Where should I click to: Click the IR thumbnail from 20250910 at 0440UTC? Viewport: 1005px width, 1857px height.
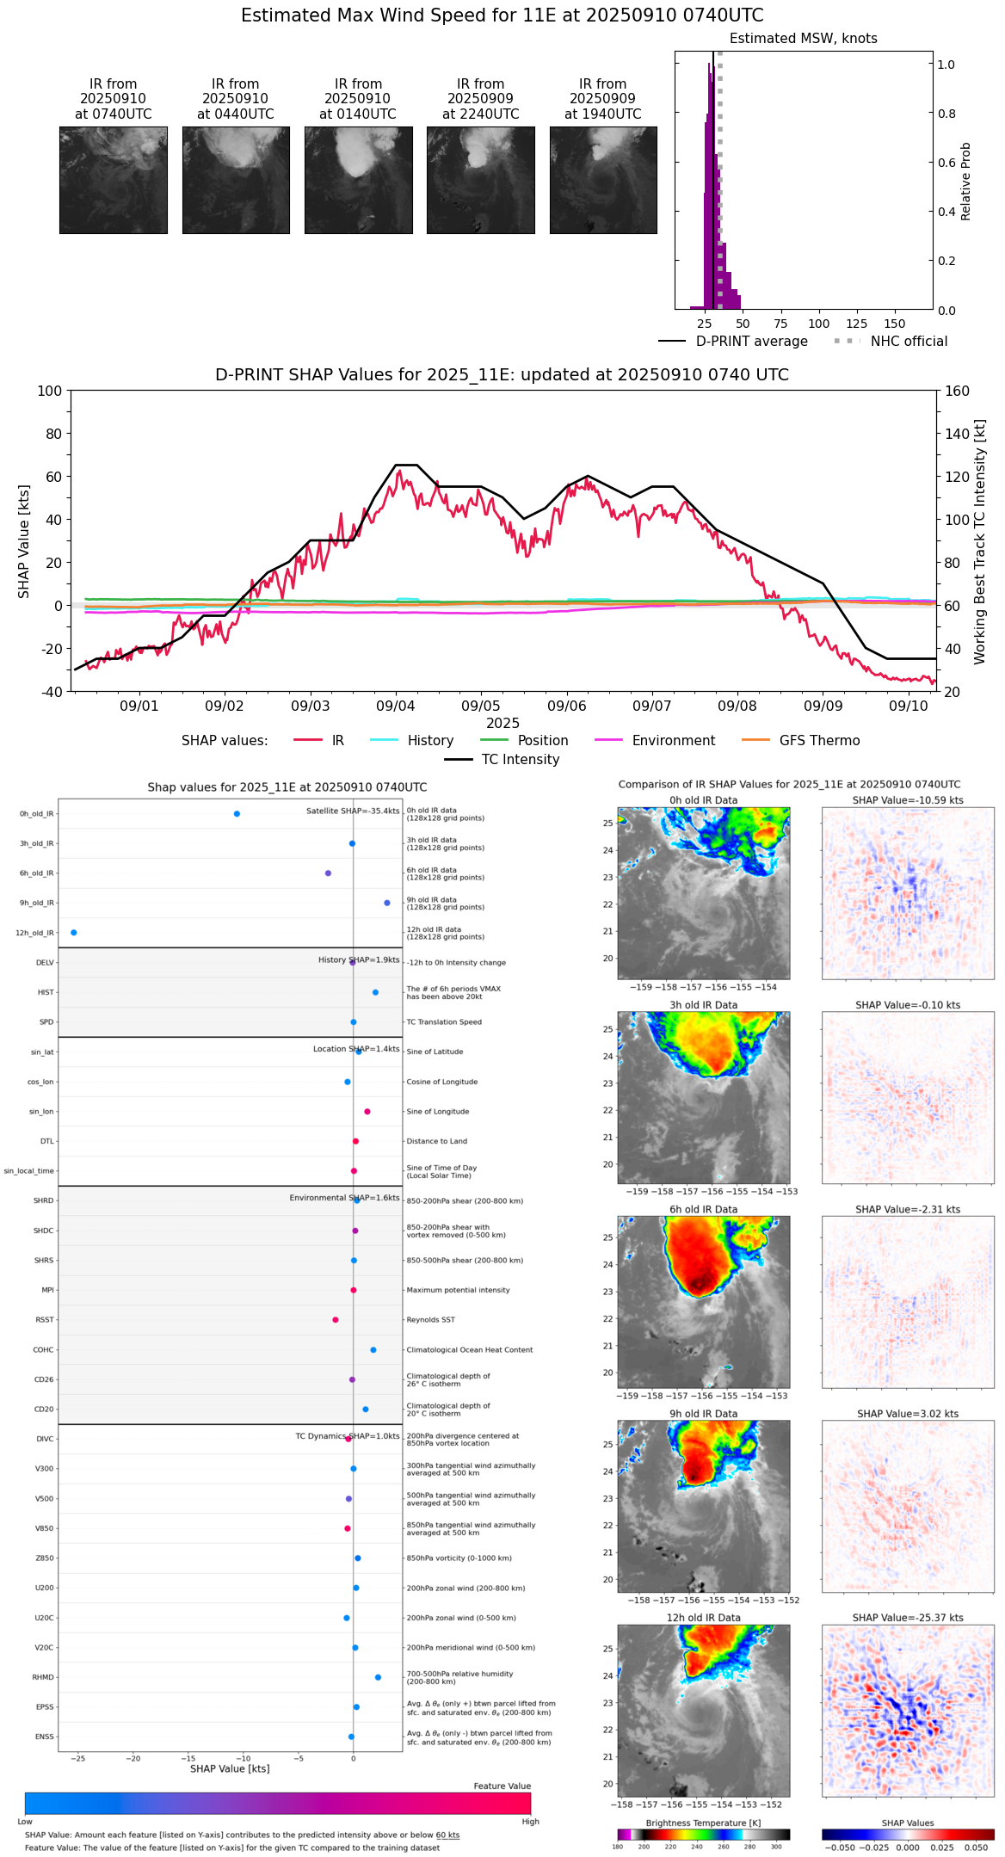[x=235, y=180]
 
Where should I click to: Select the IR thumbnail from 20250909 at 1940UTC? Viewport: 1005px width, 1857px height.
[x=602, y=180]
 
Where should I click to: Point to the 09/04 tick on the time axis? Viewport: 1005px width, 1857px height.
[x=395, y=706]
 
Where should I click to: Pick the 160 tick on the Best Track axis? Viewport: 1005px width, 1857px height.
[x=958, y=391]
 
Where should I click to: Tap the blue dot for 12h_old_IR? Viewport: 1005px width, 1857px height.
[x=73, y=933]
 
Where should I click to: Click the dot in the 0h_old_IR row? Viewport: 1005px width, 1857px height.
[x=237, y=814]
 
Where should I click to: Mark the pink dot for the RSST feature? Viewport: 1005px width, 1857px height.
[x=336, y=1320]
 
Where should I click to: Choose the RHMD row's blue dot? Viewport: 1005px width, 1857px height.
[x=378, y=1677]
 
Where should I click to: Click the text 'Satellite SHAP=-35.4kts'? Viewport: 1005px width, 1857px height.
[x=353, y=811]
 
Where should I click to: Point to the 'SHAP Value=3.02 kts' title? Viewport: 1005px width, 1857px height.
[x=908, y=1414]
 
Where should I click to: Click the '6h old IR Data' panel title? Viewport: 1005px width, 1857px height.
[x=703, y=1210]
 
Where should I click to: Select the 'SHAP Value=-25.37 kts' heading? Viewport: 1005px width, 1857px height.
[x=908, y=1618]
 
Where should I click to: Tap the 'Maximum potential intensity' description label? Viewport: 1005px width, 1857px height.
[x=458, y=1291]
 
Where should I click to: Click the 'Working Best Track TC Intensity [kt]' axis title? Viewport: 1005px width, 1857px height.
[x=980, y=542]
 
